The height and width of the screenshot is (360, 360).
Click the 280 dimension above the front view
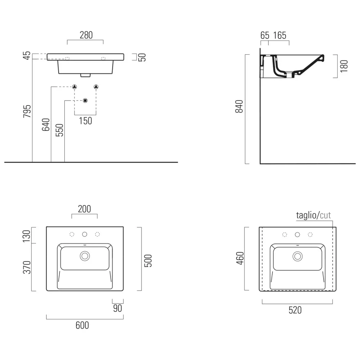pos(86,35)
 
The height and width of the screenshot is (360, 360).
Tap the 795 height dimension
pos(27,111)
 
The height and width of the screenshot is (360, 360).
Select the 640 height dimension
pos(46,125)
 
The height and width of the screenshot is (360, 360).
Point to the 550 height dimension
pos(59,130)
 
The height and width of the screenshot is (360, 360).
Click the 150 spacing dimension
pos(85,121)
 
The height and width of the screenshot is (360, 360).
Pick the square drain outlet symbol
pos(85,100)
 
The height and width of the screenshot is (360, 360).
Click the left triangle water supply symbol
pos(75,87)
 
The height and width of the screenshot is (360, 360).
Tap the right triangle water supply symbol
pos(96,87)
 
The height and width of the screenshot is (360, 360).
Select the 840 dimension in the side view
pos(239,106)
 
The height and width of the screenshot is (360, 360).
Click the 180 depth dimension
pos(344,66)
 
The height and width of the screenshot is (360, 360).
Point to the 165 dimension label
pos(280,35)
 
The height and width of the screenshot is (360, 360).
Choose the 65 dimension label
pos(265,35)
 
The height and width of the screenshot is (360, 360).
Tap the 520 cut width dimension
pos(295,310)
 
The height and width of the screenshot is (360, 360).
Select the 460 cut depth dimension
pos(240,258)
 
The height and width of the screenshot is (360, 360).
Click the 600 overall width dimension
pos(82,325)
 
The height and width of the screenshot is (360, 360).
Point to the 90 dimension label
pos(118,308)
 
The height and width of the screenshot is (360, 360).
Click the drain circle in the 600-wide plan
pos(85,256)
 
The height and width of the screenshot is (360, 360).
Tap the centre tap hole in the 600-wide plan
pos(85,234)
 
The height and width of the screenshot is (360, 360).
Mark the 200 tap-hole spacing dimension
pos(84,209)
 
